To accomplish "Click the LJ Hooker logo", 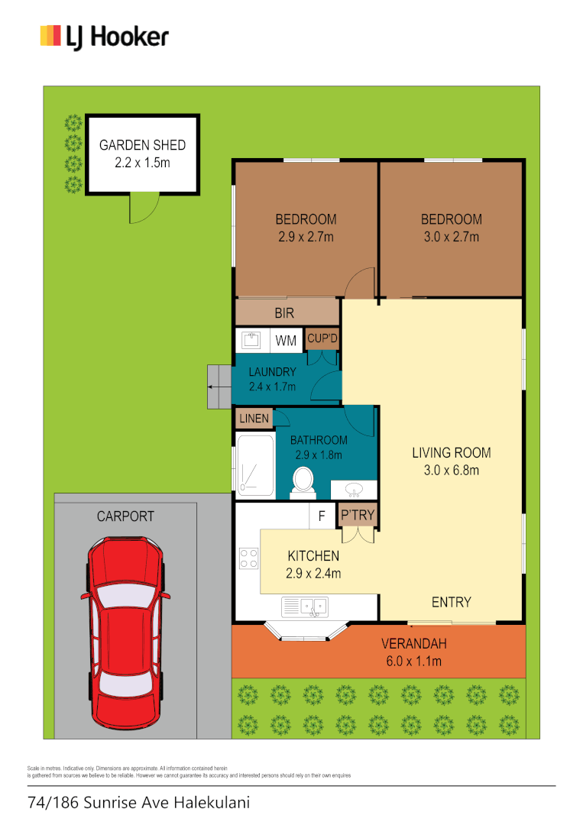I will click(x=104, y=37).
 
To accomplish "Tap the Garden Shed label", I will click(x=143, y=145).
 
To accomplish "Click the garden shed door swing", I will click(x=144, y=208).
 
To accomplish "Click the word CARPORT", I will click(x=125, y=516).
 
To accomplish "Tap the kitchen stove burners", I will click(x=248, y=558).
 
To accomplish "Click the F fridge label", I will click(x=322, y=516).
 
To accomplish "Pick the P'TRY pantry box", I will click(x=358, y=516).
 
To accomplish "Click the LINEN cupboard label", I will click(x=254, y=419).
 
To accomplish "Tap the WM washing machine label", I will click(x=286, y=341).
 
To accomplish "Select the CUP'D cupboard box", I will click(x=322, y=338).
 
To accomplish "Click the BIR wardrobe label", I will click(x=284, y=312).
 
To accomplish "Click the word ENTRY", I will click(x=451, y=602).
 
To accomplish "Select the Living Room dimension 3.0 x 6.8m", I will click(x=451, y=470).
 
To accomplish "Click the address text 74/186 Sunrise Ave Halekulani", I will click(x=138, y=803).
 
